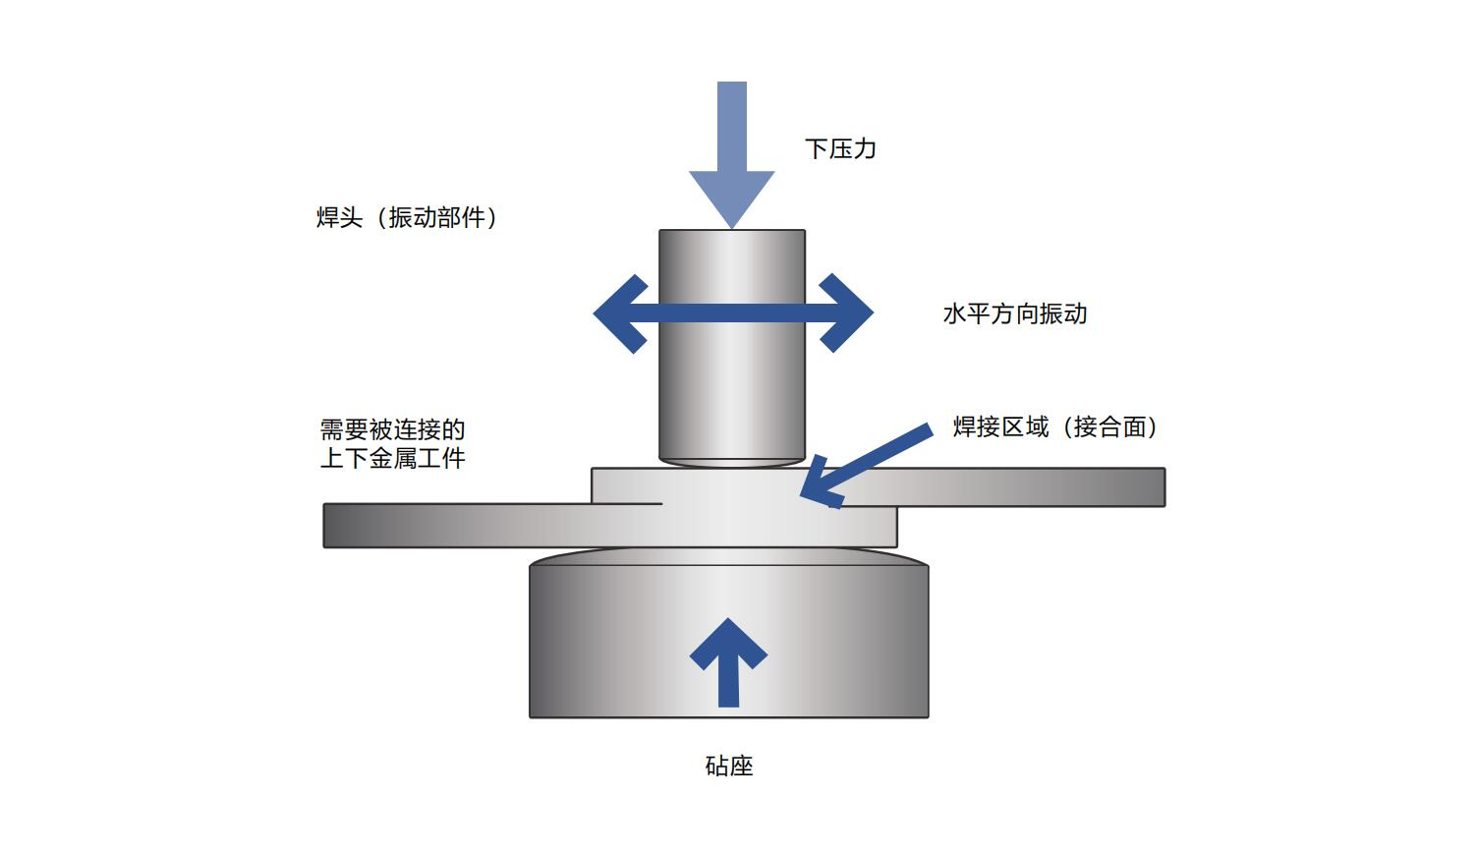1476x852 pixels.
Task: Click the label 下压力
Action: tap(840, 149)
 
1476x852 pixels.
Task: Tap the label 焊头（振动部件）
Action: tap(407, 218)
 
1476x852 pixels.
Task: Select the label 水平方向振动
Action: tap(1014, 314)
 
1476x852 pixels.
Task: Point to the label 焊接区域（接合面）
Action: tap(1055, 427)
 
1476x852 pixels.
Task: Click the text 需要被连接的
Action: tap(392, 430)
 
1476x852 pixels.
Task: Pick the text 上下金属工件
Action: tap(392, 459)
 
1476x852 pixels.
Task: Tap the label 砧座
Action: tap(729, 767)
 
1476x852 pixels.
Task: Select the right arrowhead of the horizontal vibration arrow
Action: tap(846, 314)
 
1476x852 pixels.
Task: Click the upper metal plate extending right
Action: tap(1032, 487)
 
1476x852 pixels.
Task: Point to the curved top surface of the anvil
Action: tap(729, 557)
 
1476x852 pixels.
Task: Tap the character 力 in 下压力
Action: tap(865, 149)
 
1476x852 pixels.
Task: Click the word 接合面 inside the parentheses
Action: tap(1109, 427)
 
